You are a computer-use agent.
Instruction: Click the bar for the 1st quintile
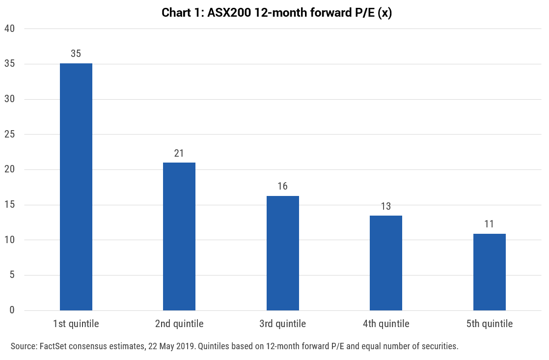[x=76, y=187]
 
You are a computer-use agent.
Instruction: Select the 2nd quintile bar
[x=179, y=236]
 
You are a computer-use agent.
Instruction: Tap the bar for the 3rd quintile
[x=282, y=253]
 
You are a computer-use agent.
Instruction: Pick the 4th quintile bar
[x=386, y=263]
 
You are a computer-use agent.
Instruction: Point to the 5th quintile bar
[x=490, y=272]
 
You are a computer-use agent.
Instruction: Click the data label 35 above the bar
[x=76, y=54]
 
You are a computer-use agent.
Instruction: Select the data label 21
[x=179, y=153]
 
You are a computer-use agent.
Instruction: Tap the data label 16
[x=282, y=186]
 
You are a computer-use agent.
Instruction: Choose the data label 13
[x=386, y=206]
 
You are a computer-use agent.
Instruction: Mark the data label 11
[x=489, y=224]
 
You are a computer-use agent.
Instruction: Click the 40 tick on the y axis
[x=9, y=28]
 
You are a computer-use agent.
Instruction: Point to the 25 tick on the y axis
[x=9, y=134]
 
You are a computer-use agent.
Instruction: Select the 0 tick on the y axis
[x=12, y=310]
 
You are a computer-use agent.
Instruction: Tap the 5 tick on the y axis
[x=12, y=275]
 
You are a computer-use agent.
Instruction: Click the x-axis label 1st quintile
[x=76, y=324]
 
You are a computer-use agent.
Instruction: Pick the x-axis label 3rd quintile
[x=282, y=324]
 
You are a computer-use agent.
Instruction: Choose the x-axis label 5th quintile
[x=490, y=324]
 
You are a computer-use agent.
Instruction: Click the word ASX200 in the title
[x=229, y=13]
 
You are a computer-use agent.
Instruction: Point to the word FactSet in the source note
[x=53, y=346]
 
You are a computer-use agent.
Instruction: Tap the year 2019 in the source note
[x=187, y=346]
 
